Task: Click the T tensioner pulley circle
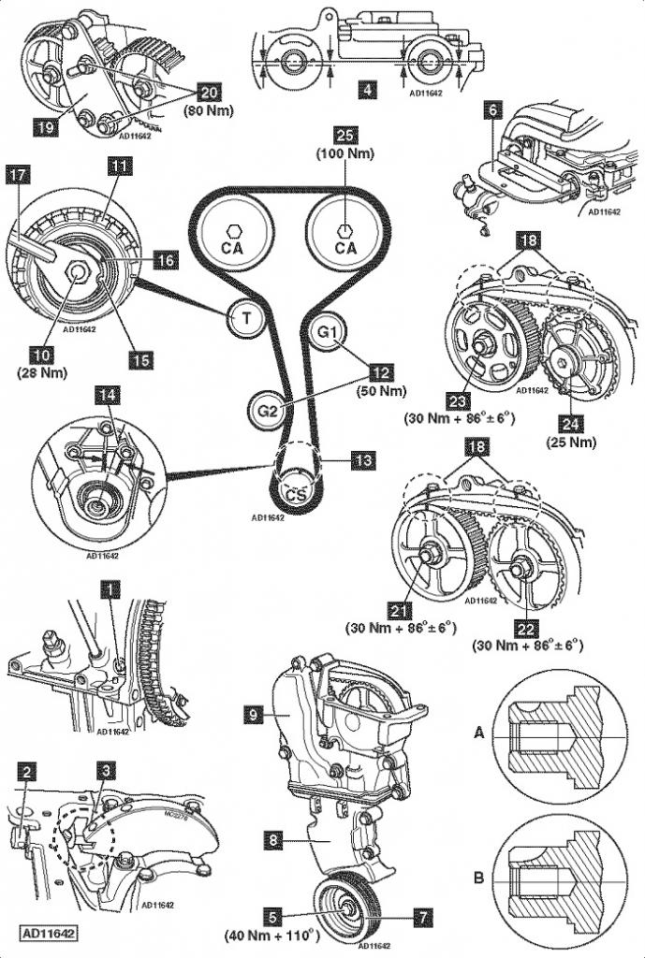(246, 318)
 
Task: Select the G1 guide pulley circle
(329, 332)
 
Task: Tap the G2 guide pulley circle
(266, 410)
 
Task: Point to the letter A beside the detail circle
(479, 734)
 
